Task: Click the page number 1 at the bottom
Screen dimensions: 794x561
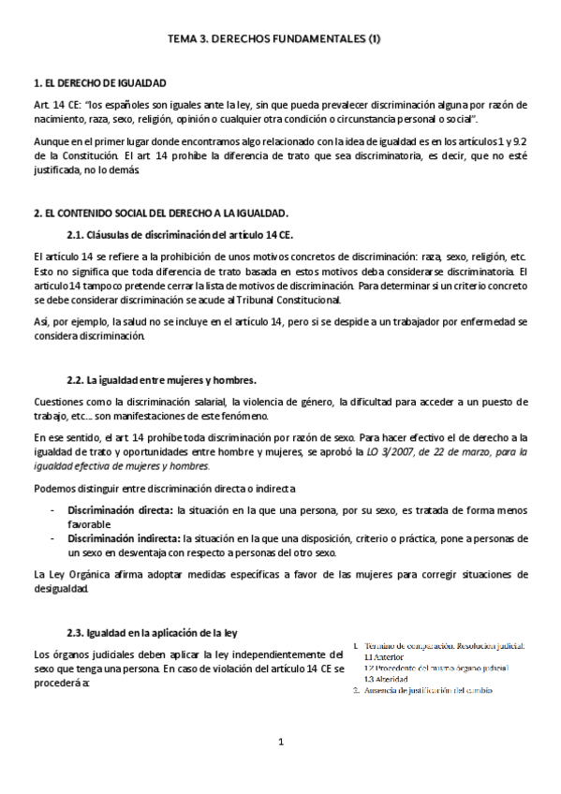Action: [x=280, y=743]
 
